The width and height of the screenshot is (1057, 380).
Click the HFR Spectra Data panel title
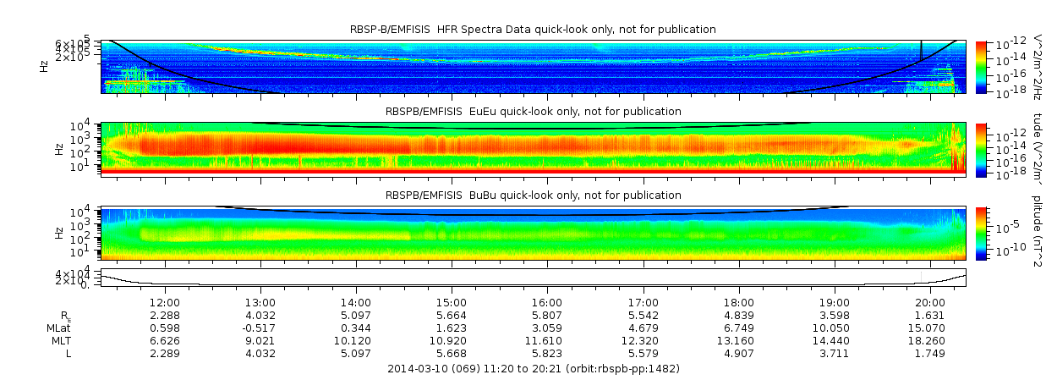coord(533,30)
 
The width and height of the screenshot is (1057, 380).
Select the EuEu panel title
coord(533,111)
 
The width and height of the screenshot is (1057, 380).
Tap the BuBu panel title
coord(533,195)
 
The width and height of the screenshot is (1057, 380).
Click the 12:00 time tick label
coord(164,302)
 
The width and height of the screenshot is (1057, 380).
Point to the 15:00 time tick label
coord(452,302)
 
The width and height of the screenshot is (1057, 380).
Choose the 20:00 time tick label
coord(930,302)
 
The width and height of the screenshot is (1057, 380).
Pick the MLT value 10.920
coord(452,340)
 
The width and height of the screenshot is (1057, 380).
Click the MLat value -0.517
coord(260,328)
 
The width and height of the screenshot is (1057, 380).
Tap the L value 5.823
coord(547,353)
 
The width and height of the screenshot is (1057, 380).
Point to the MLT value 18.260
coord(930,340)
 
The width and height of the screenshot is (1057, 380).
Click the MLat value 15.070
coord(930,328)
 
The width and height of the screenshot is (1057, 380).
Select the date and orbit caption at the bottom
coord(533,369)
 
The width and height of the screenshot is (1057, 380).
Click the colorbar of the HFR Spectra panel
coord(981,66)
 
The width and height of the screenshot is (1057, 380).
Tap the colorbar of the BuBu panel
coord(981,233)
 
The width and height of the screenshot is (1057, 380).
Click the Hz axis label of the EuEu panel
coord(58,149)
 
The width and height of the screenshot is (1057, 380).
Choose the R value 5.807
coord(547,315)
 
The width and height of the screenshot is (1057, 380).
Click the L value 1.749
coord(930,353)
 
